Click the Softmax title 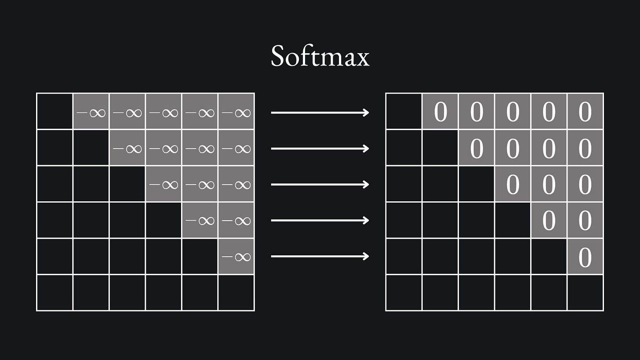pyautogui.click(x=320, y=56)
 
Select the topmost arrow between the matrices pyautogui.click(x=320, y=113)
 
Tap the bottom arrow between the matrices pyautogui.click(x=320, y=256)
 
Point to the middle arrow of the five pyautogui.click(x=320, y=185)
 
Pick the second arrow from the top pyautogui.click(x=320, y=149)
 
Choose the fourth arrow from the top pyautogui.click(x=320, y=220)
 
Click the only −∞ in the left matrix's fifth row pyautogui.click(x=236, y=257)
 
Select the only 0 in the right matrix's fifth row pyautogui.click(x=585, y=257)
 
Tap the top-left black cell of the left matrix pyautogui.click(x=55, y=111)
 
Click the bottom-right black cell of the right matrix pyautogui.click(x=585, y=293)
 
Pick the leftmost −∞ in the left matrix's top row pyautogui.click(x=91, y=113)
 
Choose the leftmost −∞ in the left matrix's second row pyautogui.click(x=127, y=149)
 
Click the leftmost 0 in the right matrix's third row pyautogui.click(x=513, y=185)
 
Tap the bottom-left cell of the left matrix pyautogui.click(x=55, y=293)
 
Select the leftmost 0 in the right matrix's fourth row pyautogui.click(x=549, y=220)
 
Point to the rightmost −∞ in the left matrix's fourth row pyautogui.click(x=236, y=221)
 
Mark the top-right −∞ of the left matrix pyautogui.click(x=236, y=113)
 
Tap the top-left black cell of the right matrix pyautogui.click(x=404, y=111)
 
